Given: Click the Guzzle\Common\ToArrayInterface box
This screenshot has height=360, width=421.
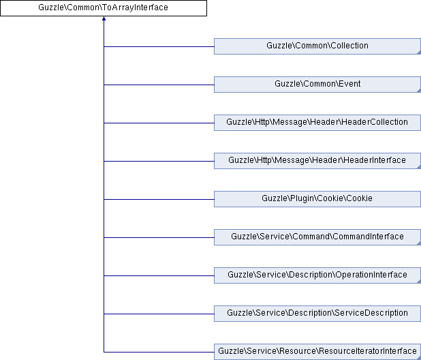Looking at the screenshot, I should [104, 8].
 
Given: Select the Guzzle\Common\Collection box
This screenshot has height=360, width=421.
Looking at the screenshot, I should [317, 46].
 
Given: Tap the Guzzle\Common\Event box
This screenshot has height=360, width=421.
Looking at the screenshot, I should [317, 85].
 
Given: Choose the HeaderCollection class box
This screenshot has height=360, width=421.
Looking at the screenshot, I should [317, 123].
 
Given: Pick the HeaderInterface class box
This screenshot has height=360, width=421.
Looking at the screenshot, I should [317, 161].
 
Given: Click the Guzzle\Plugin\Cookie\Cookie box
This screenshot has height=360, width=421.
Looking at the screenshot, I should [317, 199].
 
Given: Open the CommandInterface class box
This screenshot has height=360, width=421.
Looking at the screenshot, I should [317, 237].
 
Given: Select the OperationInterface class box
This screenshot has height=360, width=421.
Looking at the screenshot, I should [317, 275].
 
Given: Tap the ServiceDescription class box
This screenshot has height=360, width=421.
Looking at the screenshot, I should [317, 314].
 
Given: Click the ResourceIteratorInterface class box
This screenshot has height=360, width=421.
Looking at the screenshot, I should [317, 352].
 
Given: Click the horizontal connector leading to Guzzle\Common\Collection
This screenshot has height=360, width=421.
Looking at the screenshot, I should [159, 46].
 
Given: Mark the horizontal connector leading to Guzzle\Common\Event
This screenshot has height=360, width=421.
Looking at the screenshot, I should [159, 85].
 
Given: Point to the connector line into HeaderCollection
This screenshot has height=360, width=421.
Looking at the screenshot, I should [159, 123].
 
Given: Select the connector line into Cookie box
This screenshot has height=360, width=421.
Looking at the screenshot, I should [159, 199].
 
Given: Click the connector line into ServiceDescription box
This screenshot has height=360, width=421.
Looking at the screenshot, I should [159, 314].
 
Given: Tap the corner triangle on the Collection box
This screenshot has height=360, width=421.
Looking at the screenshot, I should [418, 52].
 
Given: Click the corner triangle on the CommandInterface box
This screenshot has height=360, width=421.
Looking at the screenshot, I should [418, 243].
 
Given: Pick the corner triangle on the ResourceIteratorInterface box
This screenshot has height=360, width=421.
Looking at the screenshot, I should [418, 357].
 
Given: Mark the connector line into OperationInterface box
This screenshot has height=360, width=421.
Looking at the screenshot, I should [159, 275].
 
